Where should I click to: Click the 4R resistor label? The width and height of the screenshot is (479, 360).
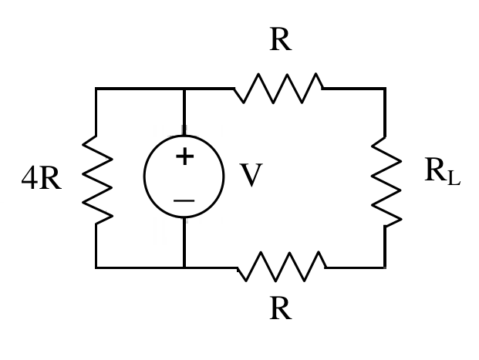pyautogui.click(x=42, y=178)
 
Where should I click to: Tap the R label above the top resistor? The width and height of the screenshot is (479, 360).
pyautogui.click(x=281, y=39)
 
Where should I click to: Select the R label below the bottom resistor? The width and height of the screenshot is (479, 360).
pyautogui.click(x=281, y=308)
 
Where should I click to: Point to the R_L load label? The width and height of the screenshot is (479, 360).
pyautogui.click(x=442, y=171)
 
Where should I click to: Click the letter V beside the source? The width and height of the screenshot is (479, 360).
pyautogui.click(x=251, y=175)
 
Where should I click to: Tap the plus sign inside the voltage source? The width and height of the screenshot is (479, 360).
pyautogui.click(x=185, y=156)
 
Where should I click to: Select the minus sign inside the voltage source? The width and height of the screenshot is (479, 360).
pyautogui.click(x=184, y=200)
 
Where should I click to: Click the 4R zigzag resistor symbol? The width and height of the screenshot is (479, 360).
pyautogui.click(x=97, y=180)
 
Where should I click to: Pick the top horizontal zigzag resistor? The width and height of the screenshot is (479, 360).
pyautogui.click(x=278, y=88)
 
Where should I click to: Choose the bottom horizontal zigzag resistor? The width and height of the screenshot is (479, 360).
pyautogui.click(x=282, y=267)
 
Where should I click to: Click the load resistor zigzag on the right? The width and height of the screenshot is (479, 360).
pyautogui.click(x=386, y=182)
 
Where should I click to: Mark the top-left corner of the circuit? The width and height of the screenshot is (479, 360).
pyautogui.click(x=96, y=89)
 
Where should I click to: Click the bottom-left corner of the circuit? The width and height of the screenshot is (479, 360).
pyautogui.click(x=96, y=267)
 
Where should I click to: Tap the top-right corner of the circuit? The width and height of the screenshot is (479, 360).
pyautogui.click(x=385, y=89)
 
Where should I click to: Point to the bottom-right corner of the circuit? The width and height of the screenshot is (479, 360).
pyautogui.click(x=385, y=267)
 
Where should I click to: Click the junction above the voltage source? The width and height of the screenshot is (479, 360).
pyautogui.click(x=184, y=89)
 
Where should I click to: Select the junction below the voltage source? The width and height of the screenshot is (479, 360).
pyautogui.click(x=184, y=267)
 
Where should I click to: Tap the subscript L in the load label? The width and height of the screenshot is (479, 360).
pyautogui.click(x=454, y=179)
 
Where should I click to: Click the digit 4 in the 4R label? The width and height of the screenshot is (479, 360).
pyautogui.click(x=29, y=178)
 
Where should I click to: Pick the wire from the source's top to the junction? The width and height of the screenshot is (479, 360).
pyautogui.click(x=184, y=112)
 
